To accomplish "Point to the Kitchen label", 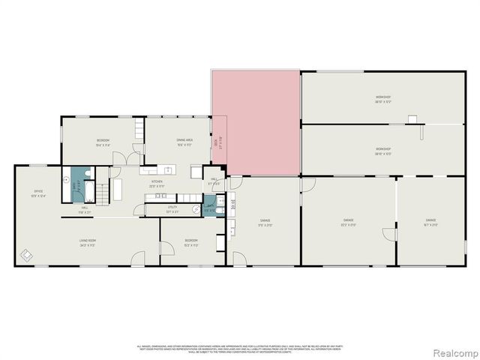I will click(x=157, y=182).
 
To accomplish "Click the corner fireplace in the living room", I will click(x=26, y=256).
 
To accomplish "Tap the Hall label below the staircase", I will click(x=85, y=211).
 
